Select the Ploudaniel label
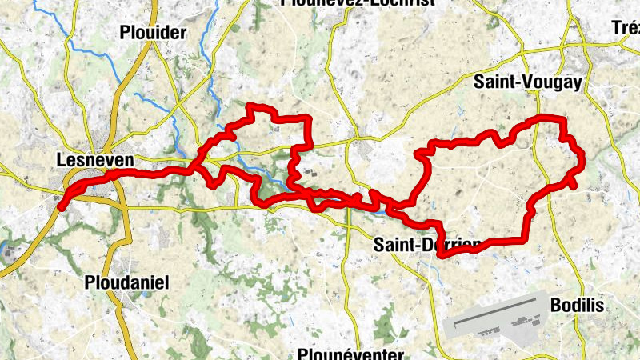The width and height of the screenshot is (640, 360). [x=126, y=282]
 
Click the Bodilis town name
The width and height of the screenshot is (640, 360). [x=577, y=306]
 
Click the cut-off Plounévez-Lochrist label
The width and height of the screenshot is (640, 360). [x=358, y=3]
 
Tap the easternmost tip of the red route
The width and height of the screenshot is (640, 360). [x=582, y=157]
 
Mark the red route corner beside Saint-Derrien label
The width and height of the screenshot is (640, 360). [x=441, y=254]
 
